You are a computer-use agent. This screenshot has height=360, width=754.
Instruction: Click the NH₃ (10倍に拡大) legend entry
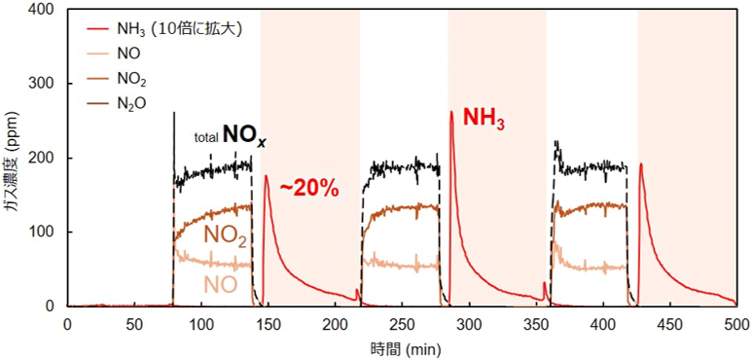point(163,30)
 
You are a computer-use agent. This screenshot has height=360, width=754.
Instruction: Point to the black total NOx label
point(230,136)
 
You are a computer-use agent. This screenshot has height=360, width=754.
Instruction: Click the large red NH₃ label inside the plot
point(485,119)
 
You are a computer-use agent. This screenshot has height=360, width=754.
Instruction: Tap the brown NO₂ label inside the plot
point(226,235)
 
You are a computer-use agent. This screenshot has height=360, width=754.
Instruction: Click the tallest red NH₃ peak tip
point(451,112)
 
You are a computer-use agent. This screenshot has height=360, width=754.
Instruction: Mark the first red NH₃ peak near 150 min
point(267,175)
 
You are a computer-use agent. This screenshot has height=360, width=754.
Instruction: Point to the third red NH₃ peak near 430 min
point(640,163)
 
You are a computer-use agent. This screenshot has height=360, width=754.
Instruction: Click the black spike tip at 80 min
point(173,113)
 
